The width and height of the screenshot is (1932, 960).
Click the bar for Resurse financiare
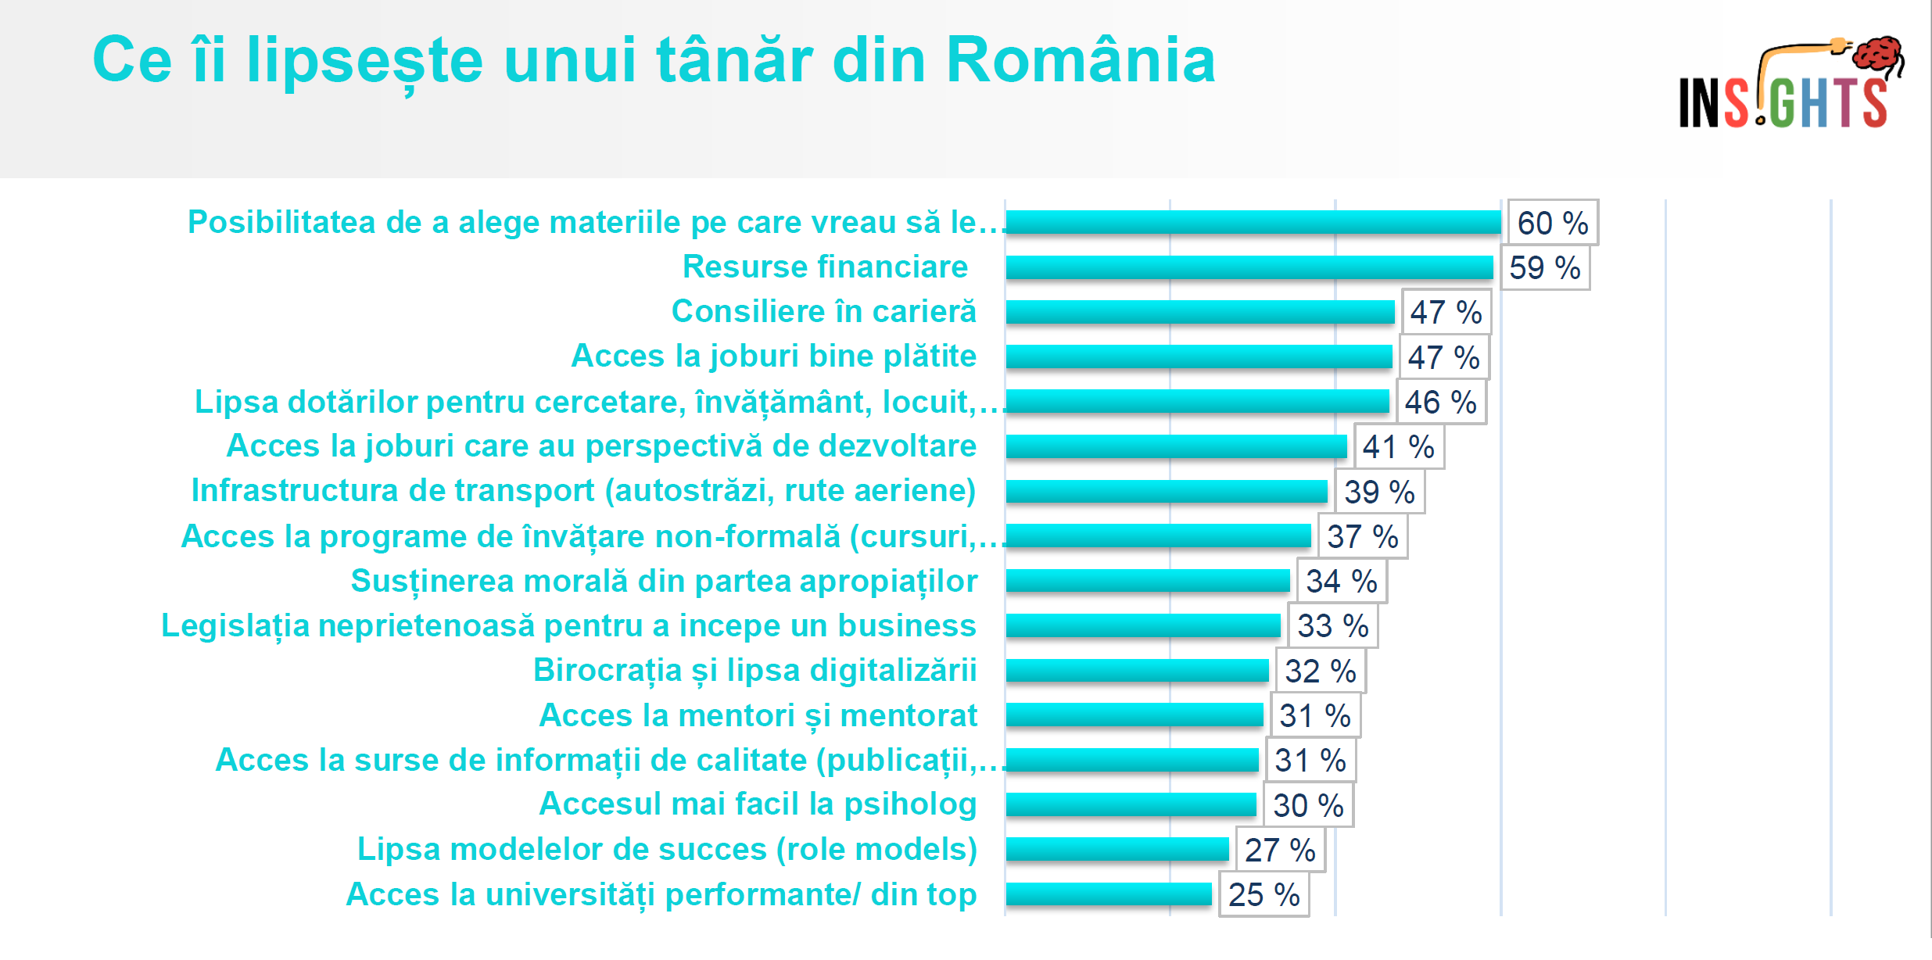pos(1249,267)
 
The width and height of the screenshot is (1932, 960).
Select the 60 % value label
pos(1552,223)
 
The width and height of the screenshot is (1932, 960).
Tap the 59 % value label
pos(1544,268)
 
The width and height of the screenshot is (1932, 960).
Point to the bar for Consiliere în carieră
pos(1200,312)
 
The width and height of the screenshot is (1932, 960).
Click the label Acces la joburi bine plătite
pos(773,356)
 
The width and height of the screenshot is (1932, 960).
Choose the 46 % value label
pos(1440,403)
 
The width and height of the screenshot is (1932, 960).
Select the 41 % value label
pos(1398,447)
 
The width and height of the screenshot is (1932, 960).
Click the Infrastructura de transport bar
pos(1167,491)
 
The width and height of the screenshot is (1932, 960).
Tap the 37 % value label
pos(1362,537)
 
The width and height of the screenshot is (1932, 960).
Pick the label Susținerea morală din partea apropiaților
pos(664,582)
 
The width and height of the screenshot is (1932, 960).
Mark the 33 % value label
pos(1332,626)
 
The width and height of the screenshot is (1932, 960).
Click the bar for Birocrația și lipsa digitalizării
pos(1137,671)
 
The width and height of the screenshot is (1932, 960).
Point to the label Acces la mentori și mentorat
pos(758,715)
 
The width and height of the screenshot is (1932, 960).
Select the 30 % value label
pos(1307,806)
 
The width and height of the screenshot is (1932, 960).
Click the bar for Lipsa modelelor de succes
pos(1117,849)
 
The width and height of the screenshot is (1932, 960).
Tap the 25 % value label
pos(1264,895)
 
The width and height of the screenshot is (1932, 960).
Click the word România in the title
pos(1081,60)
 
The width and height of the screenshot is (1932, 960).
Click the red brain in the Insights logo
pos(1878,55)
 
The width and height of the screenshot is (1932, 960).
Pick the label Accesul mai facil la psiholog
pos(758,804)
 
